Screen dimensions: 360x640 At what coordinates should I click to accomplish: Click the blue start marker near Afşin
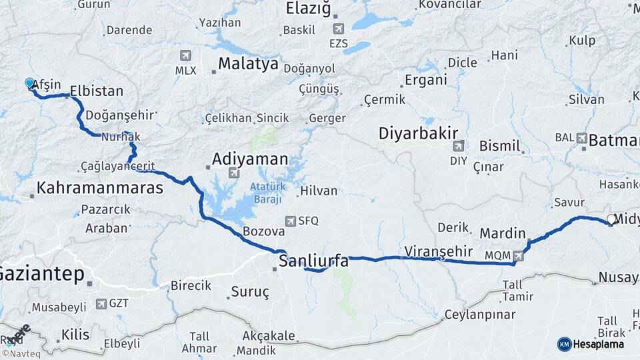tap(29, 83)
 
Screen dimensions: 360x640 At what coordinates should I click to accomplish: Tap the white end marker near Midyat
tap(611, 219)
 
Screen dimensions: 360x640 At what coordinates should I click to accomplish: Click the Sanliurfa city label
tap(313, 261)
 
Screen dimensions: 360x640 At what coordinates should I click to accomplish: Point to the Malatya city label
tap(248, 65)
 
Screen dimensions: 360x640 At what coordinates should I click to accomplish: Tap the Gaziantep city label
tap(41, 273)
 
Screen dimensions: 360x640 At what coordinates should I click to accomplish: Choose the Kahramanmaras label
tap(100, 188)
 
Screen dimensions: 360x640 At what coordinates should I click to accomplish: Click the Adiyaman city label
tap(250, 159)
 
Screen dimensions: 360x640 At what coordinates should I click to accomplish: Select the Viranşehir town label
tap(438, 251)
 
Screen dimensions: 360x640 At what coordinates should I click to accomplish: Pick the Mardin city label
tap(503, 233)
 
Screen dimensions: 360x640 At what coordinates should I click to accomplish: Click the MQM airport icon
tap(519, 255)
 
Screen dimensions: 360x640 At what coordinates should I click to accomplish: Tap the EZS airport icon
tap(338, 30)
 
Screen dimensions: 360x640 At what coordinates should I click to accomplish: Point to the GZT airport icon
tap(101, 304)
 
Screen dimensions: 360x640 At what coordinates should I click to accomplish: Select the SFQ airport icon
tap(291, 221)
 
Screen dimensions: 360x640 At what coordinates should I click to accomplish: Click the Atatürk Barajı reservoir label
tap(266, 193)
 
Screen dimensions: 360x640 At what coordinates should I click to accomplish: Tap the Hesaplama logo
tap(591, 344)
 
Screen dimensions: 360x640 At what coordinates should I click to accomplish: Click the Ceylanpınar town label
tap(480, 314)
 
